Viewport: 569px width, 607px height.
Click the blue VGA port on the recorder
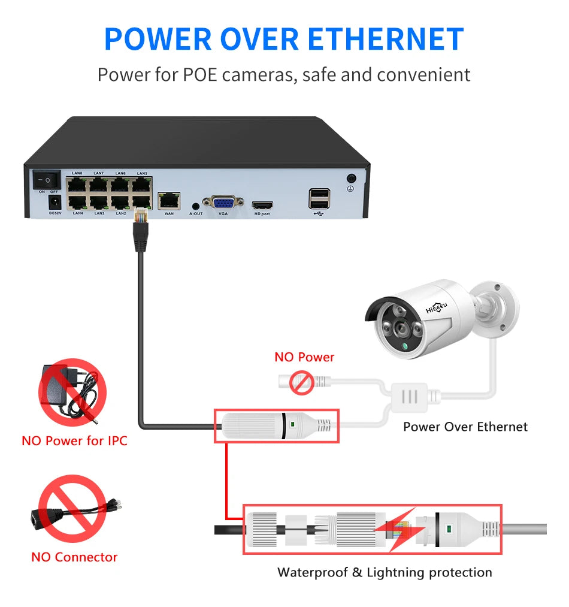coord(223,202)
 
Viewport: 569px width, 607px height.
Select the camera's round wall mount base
coord(500,306)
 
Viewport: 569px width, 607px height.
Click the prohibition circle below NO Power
coord(302,382)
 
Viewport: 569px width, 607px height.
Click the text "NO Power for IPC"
coord(74,441)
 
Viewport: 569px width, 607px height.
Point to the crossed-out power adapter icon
coord(72,392)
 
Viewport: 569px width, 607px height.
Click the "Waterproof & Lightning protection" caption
coord(385,572)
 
